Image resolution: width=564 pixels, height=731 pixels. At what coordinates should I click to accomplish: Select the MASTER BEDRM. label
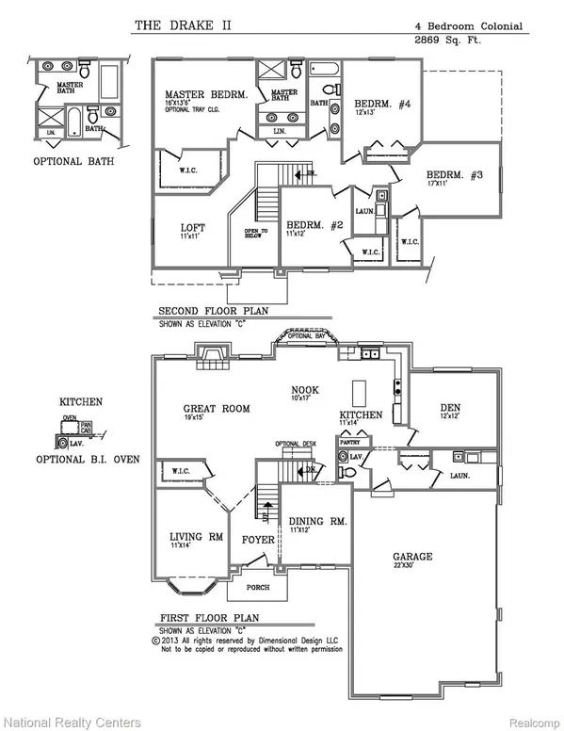(204, 95)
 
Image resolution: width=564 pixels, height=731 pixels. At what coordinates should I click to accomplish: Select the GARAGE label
(411, 557)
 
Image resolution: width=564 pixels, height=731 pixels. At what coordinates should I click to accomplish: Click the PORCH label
(258, 587)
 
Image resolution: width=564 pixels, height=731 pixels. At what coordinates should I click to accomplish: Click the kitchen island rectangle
(357, 391)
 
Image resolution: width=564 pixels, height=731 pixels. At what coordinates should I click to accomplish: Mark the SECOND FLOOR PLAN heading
(207, 312)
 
